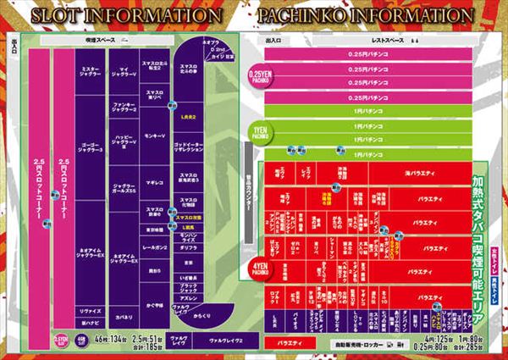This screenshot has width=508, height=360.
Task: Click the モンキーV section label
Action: click(x=154, y=135)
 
